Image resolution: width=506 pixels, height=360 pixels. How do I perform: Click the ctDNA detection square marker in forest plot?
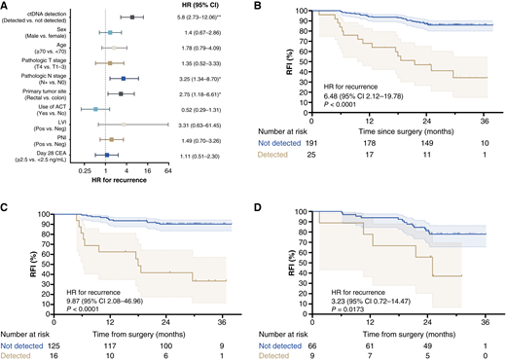pos(132,18)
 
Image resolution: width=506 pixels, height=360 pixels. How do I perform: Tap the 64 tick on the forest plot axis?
pos(168,172)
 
